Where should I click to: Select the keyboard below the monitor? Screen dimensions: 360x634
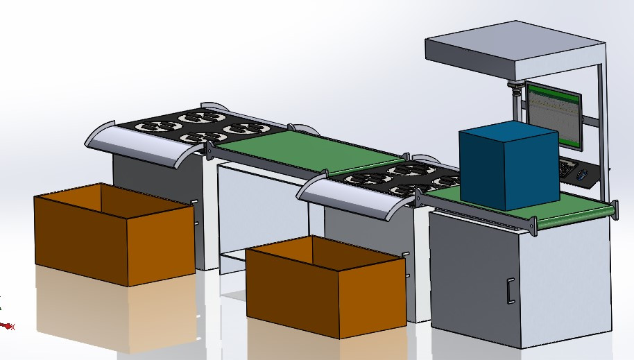pos(567,167)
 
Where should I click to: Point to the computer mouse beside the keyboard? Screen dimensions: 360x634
pos(583,173)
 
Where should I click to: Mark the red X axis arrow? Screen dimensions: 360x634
pos(7,325)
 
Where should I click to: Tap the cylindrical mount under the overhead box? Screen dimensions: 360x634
pos(514,90)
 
